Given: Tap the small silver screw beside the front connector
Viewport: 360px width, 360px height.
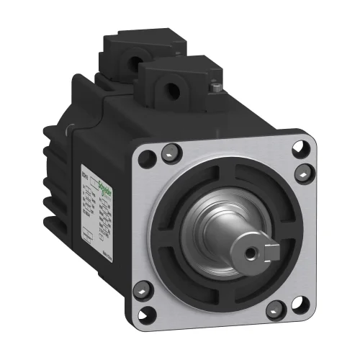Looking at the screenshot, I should [x=215, y=87].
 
